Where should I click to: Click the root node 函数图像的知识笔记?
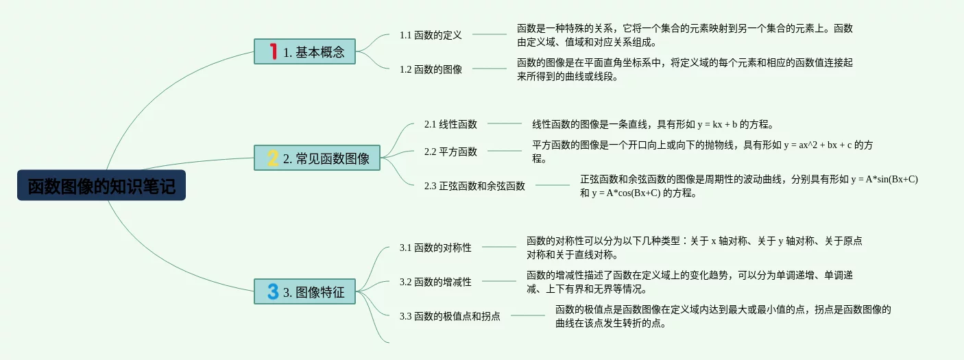(x=101, y=186)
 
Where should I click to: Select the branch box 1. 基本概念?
(x=305, y=51)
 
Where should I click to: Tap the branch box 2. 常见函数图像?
(x=317, y=158)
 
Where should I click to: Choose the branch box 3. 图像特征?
(x=305, y=291)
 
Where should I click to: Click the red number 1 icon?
(x=273, y=51)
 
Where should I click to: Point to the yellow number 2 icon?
(x=273, y=158)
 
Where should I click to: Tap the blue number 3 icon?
(x=273, y=291)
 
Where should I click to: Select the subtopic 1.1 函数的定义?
(x=431, y=34)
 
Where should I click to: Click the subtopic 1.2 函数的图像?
(x=431, y=69)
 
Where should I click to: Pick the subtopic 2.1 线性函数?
(x=450, y=124)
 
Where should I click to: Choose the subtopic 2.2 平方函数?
(x=450, y=152)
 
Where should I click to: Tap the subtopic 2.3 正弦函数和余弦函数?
(x=474, y=185)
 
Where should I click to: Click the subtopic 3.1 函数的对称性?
(x=435, y=248)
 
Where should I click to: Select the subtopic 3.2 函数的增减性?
(x=435, y=281)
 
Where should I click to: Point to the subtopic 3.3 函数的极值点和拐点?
(x=450, y=316)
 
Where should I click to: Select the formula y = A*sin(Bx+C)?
(x=884, y=179)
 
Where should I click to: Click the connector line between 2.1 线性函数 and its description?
(x=504, y=123)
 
